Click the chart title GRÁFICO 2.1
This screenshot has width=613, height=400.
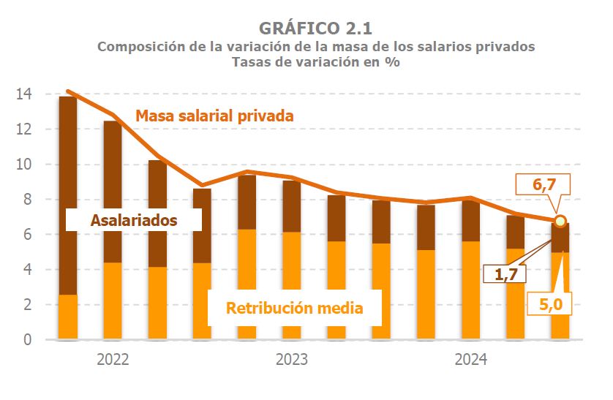tap(315, 28)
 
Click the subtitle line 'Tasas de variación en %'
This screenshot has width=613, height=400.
tap(315, 62)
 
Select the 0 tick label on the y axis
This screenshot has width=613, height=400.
tap(27, 340)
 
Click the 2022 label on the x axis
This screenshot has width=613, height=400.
tap(113, 360)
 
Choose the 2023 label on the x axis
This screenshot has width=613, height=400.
tap(291, 360)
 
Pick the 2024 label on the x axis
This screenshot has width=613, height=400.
tap(470, 360)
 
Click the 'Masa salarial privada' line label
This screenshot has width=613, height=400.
tap(214, 116)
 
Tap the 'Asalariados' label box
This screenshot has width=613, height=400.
tap(134, 219)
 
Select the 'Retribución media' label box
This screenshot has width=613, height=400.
tap(294, 308)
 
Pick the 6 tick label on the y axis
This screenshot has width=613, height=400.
tap(27, 235)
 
